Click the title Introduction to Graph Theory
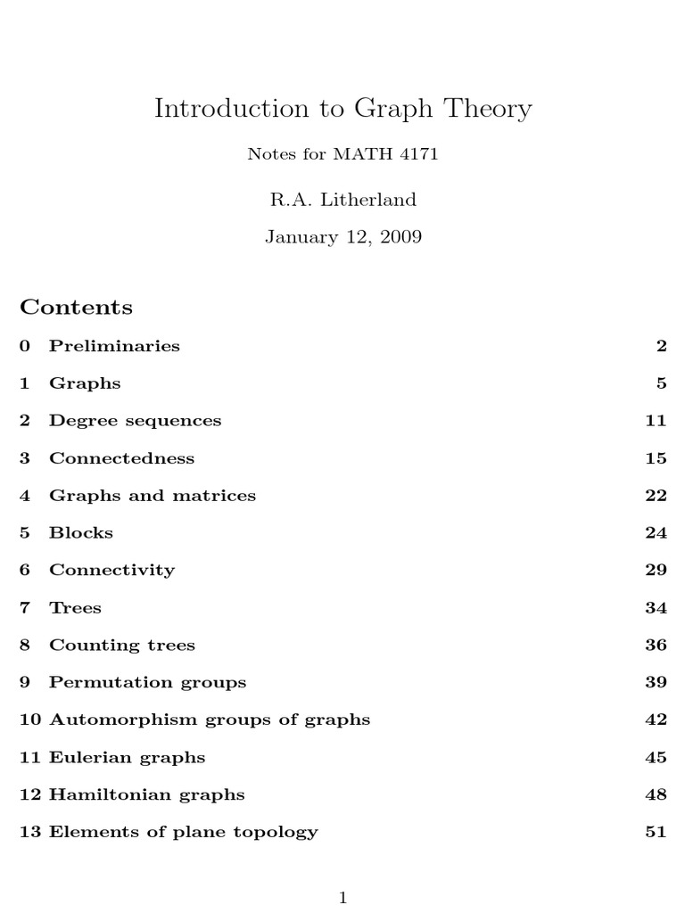(x=342, y=109)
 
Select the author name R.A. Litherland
(x=342, y=200)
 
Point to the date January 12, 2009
(x=342, y=237)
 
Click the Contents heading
(x=76, y=308)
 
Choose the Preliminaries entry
(x=114, y=346)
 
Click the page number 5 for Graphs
(x=661, y=383)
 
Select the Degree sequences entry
(x=135, y=421)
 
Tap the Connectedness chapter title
(x=121, y=458)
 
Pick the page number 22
(x=656, y=496)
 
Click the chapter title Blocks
(x=81, y=533)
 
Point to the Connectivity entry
(x=111, y=571)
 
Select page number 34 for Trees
(x=656, y=608)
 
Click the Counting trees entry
(x=121, y=646)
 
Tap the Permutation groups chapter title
(x=147, y=683)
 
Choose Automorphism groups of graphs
(x=209, y=720)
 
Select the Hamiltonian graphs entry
(x=146, y=795)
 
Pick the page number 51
(x=656, y=833)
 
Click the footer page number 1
(x=342, y=898)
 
